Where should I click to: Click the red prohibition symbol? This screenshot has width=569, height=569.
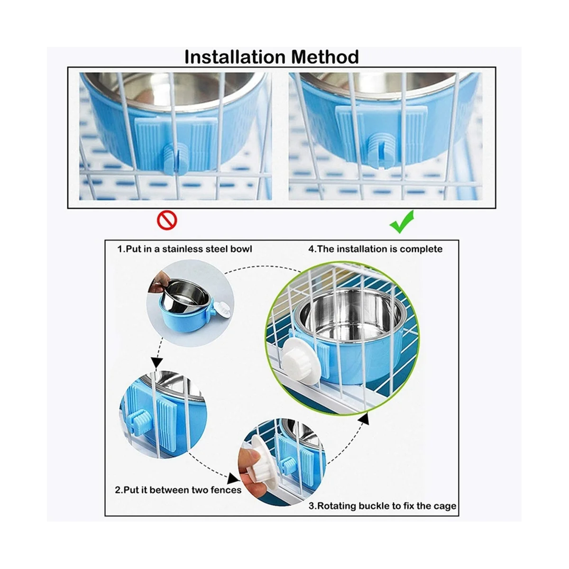(167, 220)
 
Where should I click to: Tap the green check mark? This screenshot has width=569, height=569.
(402, 221)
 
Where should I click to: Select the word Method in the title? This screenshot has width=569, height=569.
(325, 57)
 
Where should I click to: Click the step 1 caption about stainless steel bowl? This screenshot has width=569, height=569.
(185, 249)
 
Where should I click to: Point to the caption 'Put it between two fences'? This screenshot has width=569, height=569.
(178, 490)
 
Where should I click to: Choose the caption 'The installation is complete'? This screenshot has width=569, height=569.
(375, 249)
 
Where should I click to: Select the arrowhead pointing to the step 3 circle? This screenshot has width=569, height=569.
(234, 478)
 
